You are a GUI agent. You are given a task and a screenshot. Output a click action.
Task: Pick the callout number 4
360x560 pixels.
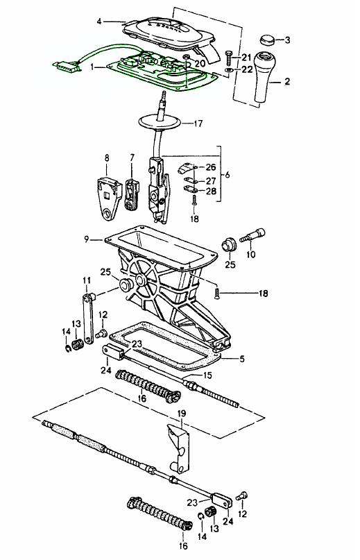click(99, 22)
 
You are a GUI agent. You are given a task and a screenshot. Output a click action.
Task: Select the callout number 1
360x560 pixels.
click(93, 67)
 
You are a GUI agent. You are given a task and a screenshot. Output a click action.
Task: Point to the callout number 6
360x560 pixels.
click(228, 176)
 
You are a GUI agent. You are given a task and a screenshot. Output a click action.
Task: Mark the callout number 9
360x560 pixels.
click(87, 239)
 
